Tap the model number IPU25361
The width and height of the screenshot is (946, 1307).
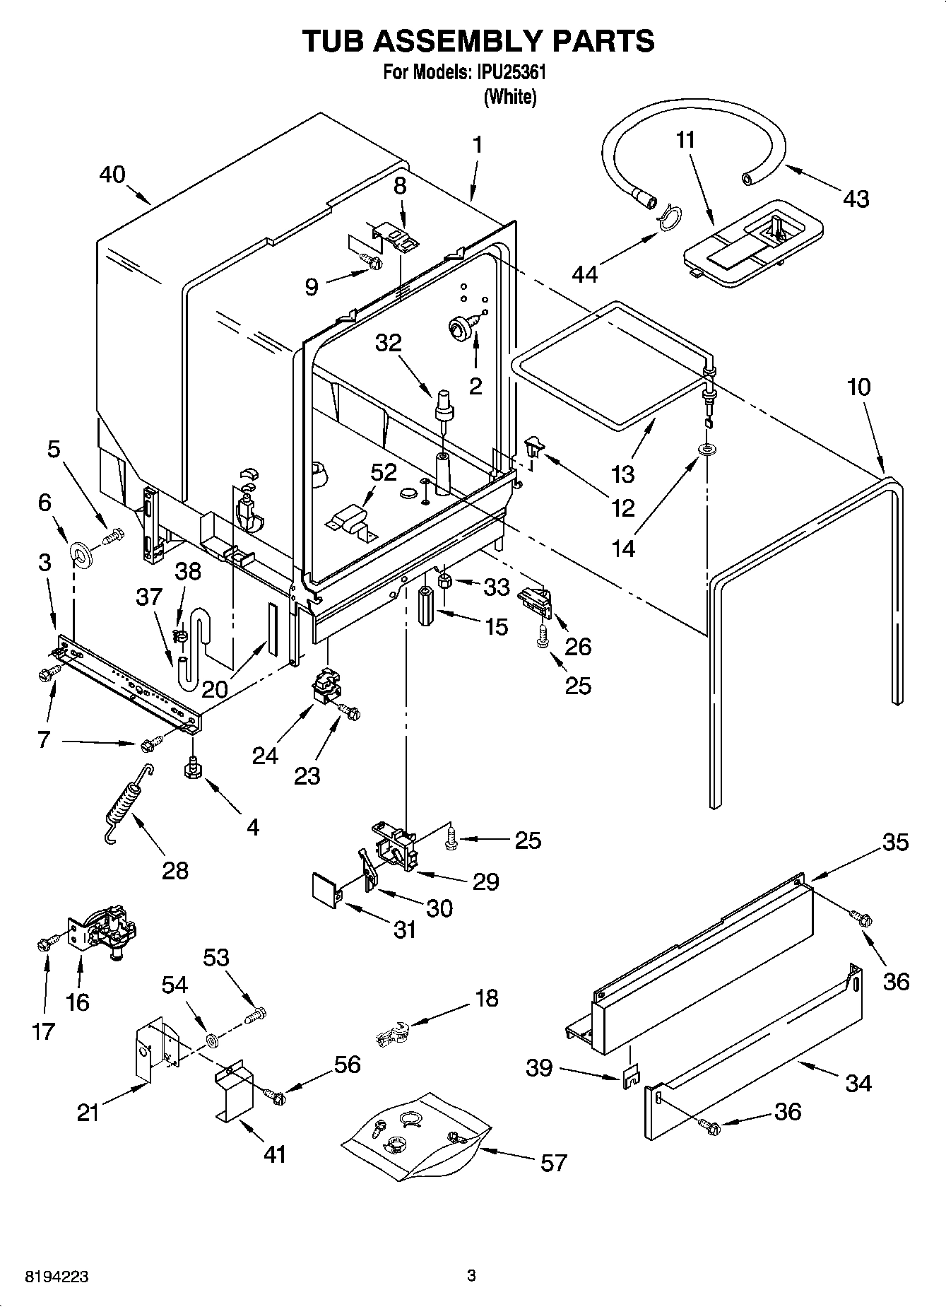510,73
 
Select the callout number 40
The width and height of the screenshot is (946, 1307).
112,174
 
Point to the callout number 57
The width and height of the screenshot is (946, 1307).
553,1162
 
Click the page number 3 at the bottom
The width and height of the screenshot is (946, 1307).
472,1276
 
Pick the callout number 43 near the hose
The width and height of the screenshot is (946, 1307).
856,199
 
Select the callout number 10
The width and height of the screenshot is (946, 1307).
859,387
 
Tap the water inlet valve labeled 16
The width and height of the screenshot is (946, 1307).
106,932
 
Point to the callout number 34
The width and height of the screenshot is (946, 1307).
858,1082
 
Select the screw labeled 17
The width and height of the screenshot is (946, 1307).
44,943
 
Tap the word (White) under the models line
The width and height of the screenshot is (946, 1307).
509,97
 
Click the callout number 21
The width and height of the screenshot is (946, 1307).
88,1113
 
